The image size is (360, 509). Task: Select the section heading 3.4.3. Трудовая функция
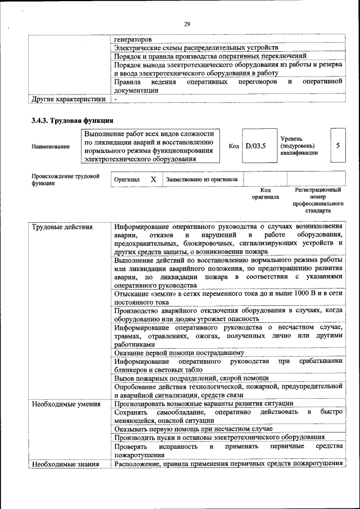pos(73,120)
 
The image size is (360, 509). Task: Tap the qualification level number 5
pos(337,145)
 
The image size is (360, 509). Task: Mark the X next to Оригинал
pos(153,179)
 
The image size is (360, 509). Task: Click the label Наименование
pos(51,146)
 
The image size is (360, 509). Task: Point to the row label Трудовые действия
pos(62,227)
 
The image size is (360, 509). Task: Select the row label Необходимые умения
pos(66,404)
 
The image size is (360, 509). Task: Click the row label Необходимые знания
pos(65,463)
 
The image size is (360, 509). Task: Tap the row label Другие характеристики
pos(69,99)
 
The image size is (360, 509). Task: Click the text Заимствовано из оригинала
pos(201,179)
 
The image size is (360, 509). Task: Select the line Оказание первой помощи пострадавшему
pos(179,353)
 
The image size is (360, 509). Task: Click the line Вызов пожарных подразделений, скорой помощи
pos(191,378)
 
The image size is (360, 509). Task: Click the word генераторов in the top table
pos(132,39)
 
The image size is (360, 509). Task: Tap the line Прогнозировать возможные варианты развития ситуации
pos(203,404)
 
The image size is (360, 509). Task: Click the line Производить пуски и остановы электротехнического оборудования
pos(219,437)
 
